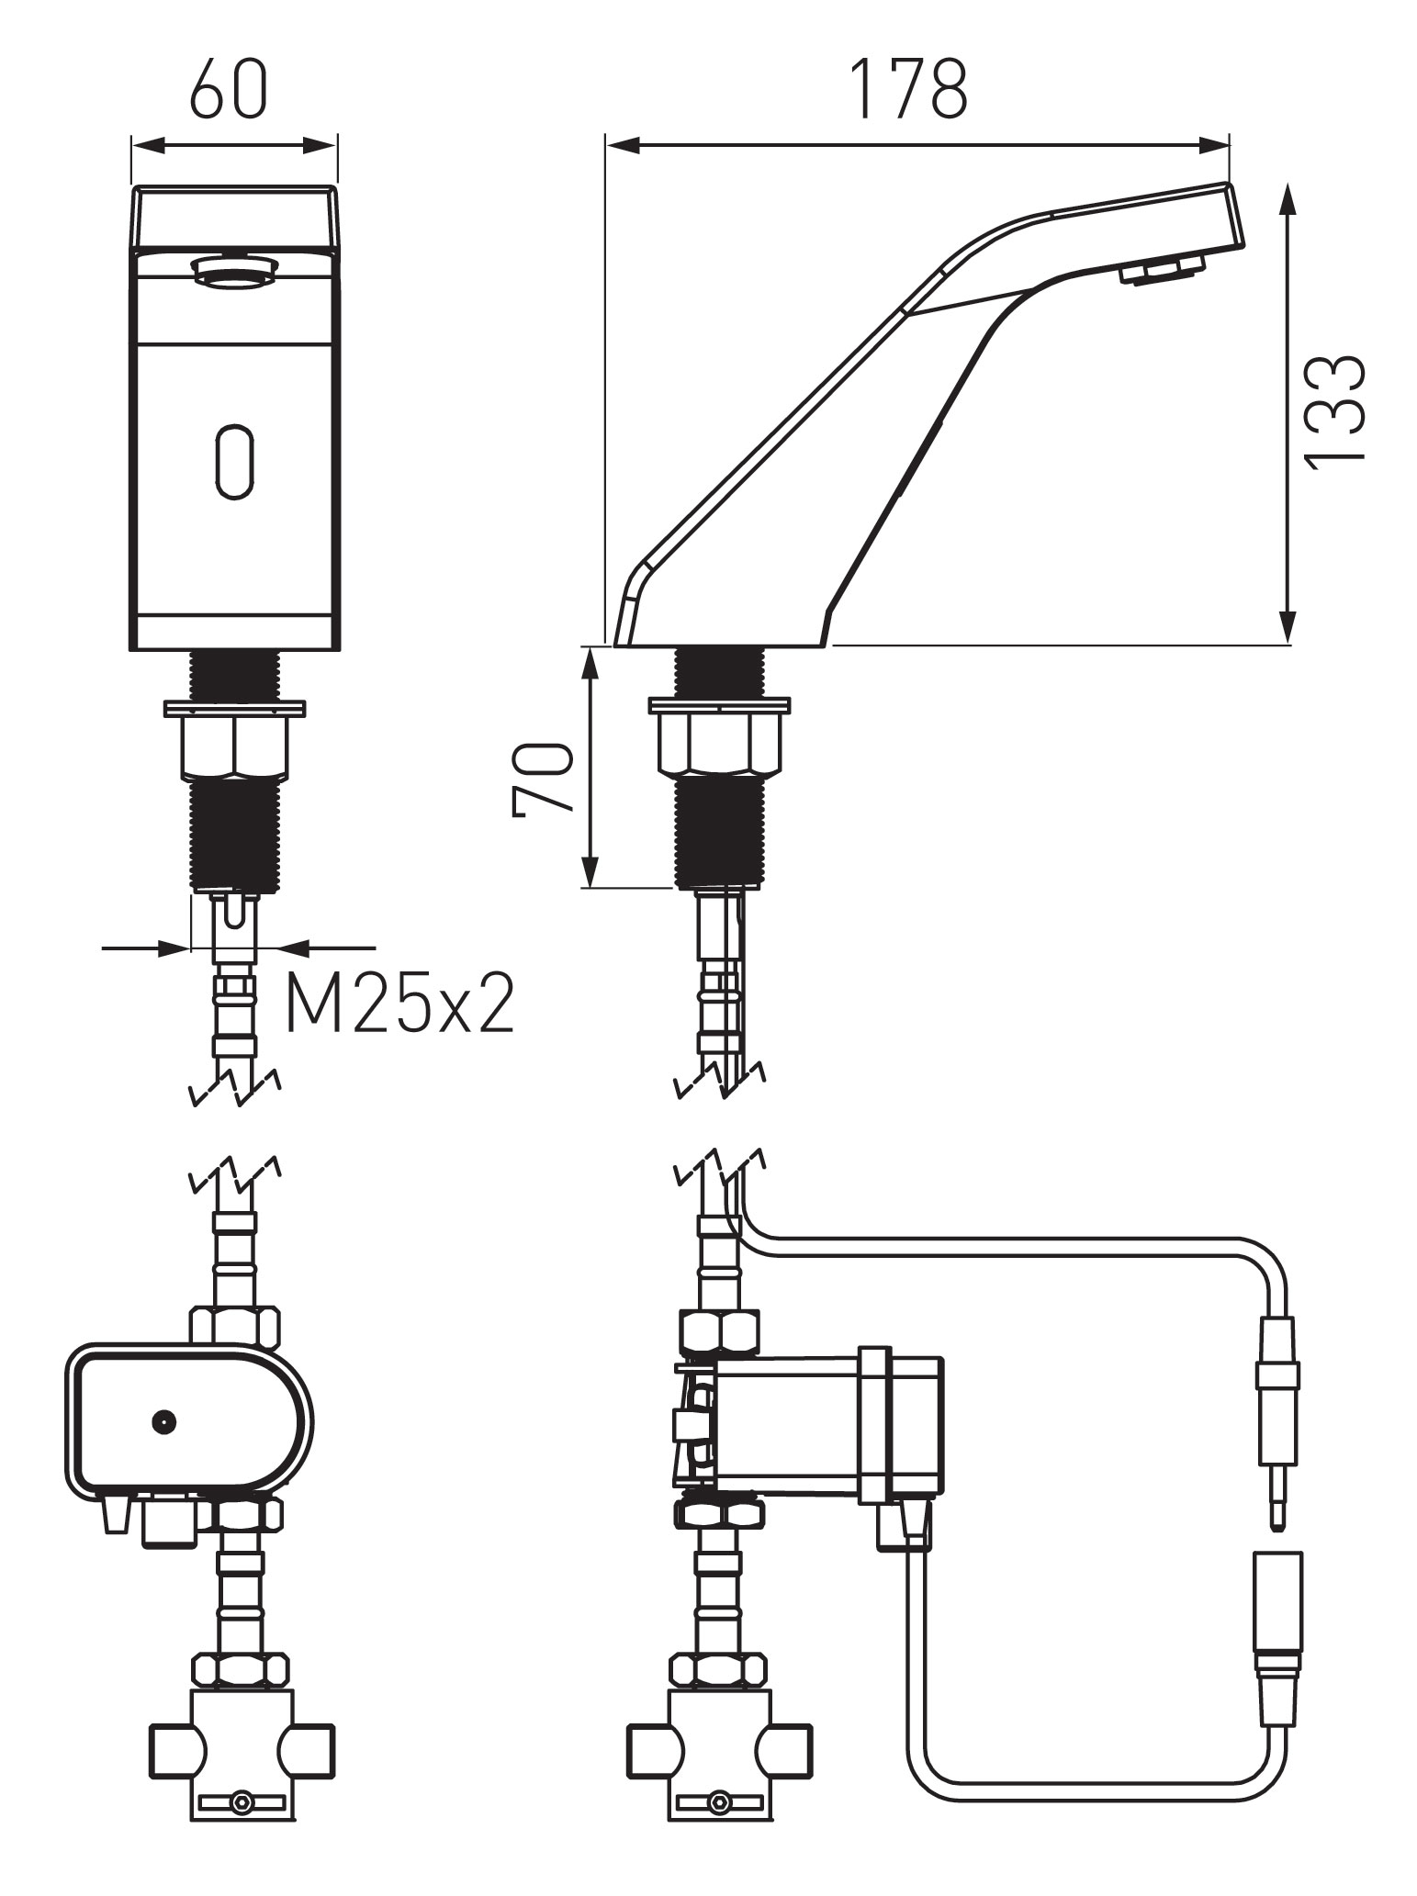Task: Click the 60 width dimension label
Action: point(229,89)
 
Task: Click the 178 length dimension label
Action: point(908,89)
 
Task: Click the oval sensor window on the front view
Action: point(235,462)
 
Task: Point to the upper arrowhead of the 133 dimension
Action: point(1288,196)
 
